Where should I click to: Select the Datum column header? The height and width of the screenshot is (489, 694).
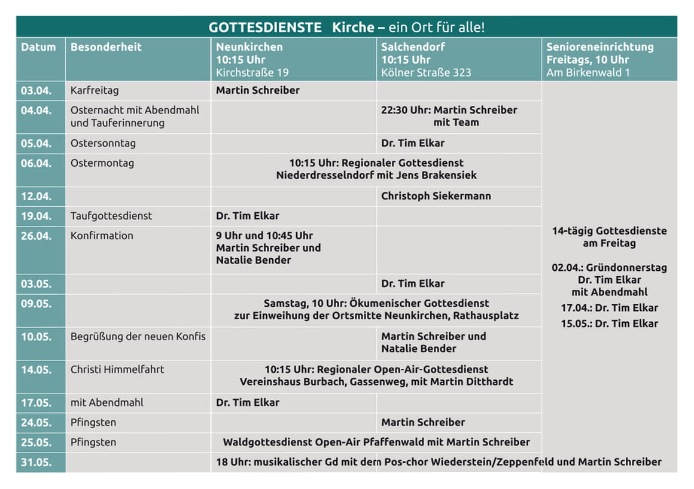38,47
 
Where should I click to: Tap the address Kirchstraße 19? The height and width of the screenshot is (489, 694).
252,72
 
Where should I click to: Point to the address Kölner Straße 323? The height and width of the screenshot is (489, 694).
426,72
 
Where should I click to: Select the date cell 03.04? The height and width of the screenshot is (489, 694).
36,90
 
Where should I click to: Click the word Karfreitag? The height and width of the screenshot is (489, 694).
95,90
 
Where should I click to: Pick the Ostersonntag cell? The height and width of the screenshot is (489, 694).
103,143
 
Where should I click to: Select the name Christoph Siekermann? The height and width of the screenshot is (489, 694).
436,196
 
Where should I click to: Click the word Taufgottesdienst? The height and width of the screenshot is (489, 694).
111,216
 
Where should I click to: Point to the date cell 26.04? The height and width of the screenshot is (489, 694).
36,236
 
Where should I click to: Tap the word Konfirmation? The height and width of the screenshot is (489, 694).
102,236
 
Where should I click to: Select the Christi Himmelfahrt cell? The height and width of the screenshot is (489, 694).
117,369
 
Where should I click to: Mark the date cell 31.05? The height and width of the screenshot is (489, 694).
36,462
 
